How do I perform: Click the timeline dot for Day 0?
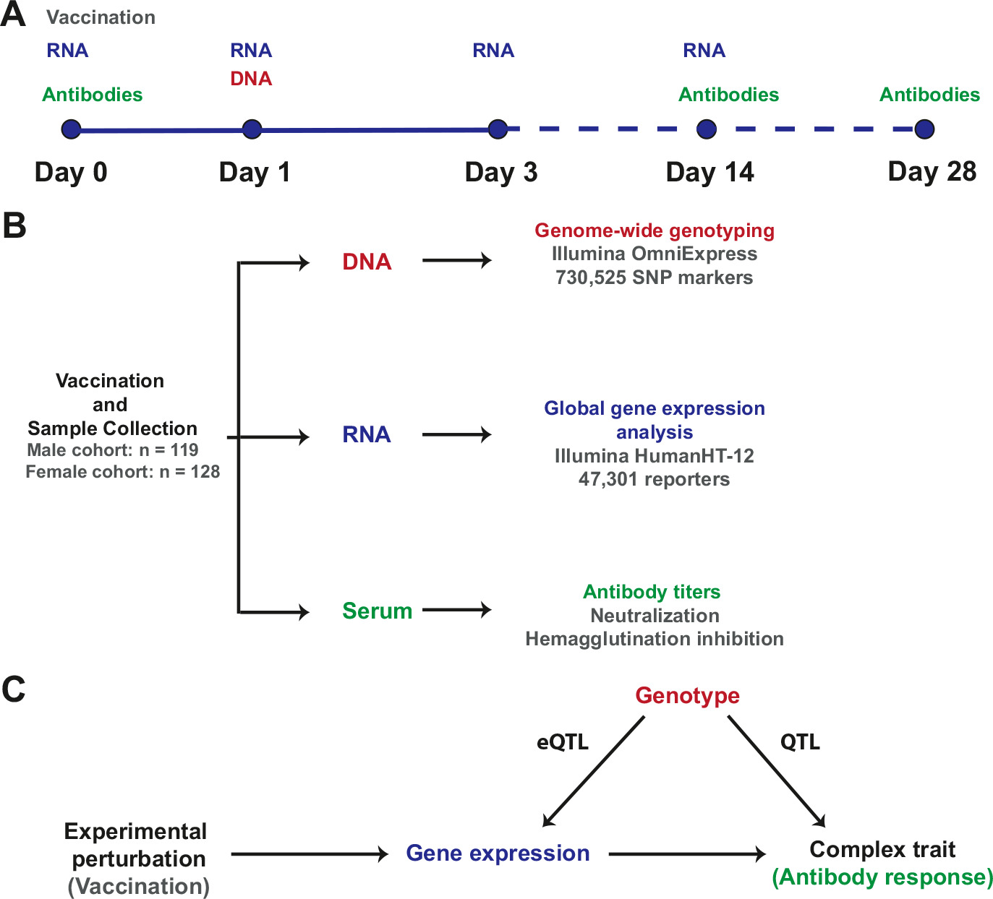[x=71, y=129]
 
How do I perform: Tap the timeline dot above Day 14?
[x=707, y=129]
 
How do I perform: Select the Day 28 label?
[x=932, y=172]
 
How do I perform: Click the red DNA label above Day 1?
[x=251, y=79]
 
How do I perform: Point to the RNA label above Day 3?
[x=493, y=51]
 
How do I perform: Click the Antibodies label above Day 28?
[x=929, y=95]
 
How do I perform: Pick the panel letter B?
[x=14, y=225]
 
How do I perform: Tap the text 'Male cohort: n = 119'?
[x=113, y=450]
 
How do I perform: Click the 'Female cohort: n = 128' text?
[x=122, y=472]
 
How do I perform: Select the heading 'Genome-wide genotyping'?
[x=655, y=231]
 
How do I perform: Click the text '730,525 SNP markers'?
[x=655, y=278]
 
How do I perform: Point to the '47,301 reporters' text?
[x=655, y=479]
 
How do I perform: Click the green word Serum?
[x=377, y=611]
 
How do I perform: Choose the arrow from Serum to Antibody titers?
[x=456, y=610]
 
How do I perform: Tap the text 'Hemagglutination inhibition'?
[x=655, y=639]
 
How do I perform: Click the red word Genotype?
[x=687, y=695]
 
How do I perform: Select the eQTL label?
[x=563, y=742]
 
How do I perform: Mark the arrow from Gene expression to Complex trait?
[x=686, y=854]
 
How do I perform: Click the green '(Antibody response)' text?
[x=882, y=877]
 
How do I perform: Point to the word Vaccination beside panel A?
[x=101, y=17]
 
